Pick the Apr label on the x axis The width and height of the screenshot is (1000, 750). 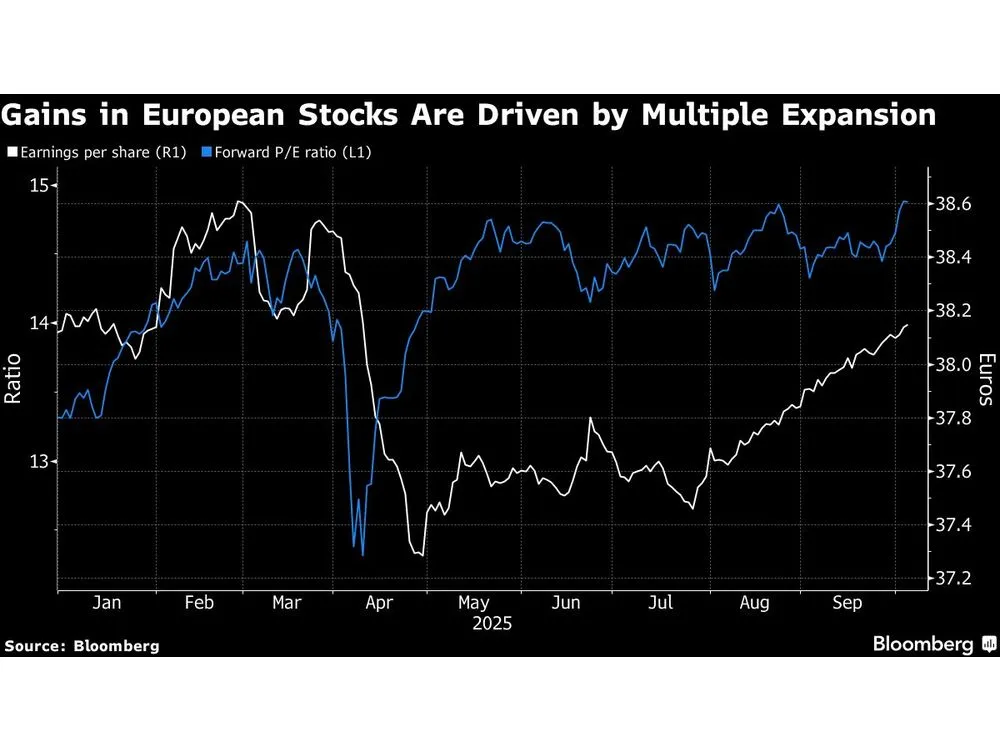click(x=380, y=603)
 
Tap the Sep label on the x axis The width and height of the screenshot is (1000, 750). click(x=848, y=603)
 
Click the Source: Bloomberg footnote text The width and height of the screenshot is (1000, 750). click(x=82, y=646)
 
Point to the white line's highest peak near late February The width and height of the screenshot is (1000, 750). click(x=238, y=202)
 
